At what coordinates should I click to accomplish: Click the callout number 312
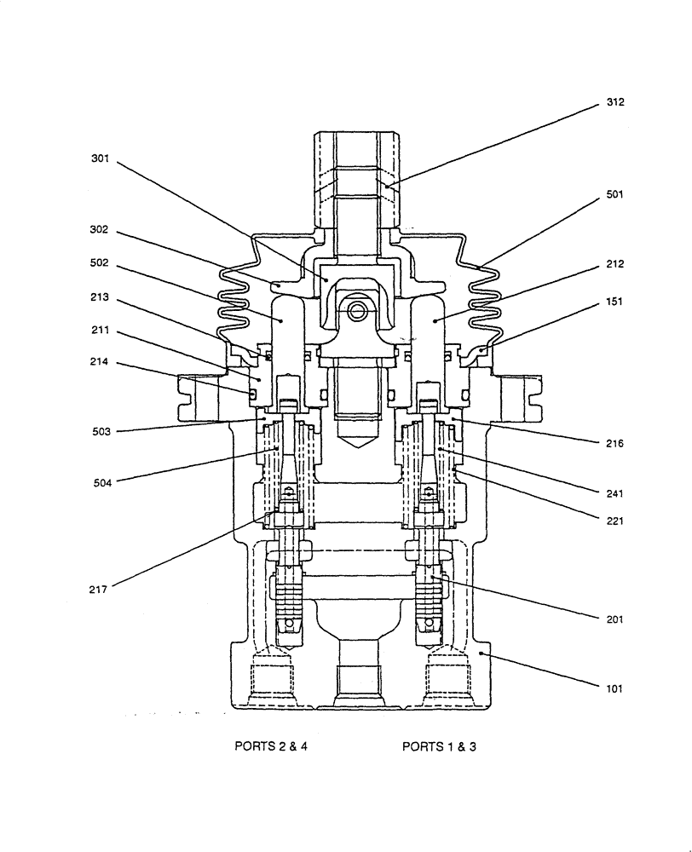tap(614, 101)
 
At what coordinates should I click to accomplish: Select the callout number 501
tap(614, 194)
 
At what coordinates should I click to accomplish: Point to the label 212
tap(614, 264)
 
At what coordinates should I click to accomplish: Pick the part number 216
tap(614, 443)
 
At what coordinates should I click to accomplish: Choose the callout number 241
tap(614, 493)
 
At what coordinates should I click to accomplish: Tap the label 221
tap(614, 520)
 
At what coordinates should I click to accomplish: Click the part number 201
tap(614, 619)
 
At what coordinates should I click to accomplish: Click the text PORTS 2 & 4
tap(270, 746)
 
